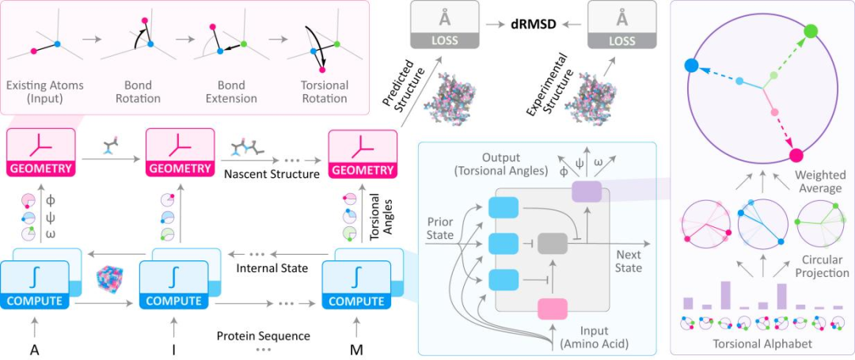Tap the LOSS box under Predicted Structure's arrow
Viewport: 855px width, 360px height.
tap(443, 25)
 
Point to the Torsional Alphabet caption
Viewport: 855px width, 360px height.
tap(763, 345)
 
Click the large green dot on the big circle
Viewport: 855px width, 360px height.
tap(811, 31)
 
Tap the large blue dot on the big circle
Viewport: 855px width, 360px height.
tap(691, 66)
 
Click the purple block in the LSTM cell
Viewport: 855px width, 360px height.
tap(586, 191)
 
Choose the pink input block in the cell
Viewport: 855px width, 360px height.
tap(553, 309)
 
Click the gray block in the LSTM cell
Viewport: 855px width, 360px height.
tap(553, 244)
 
